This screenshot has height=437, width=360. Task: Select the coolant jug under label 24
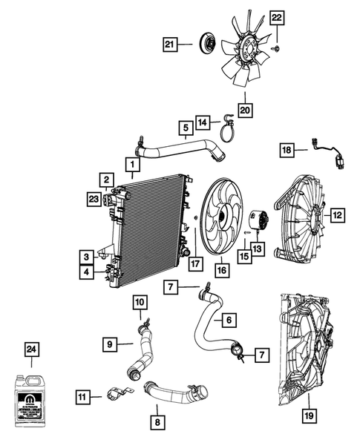pyautogui.click(x=32, y=394)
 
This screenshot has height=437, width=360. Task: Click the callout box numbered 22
pyautogui.click(x=276, y=18)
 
